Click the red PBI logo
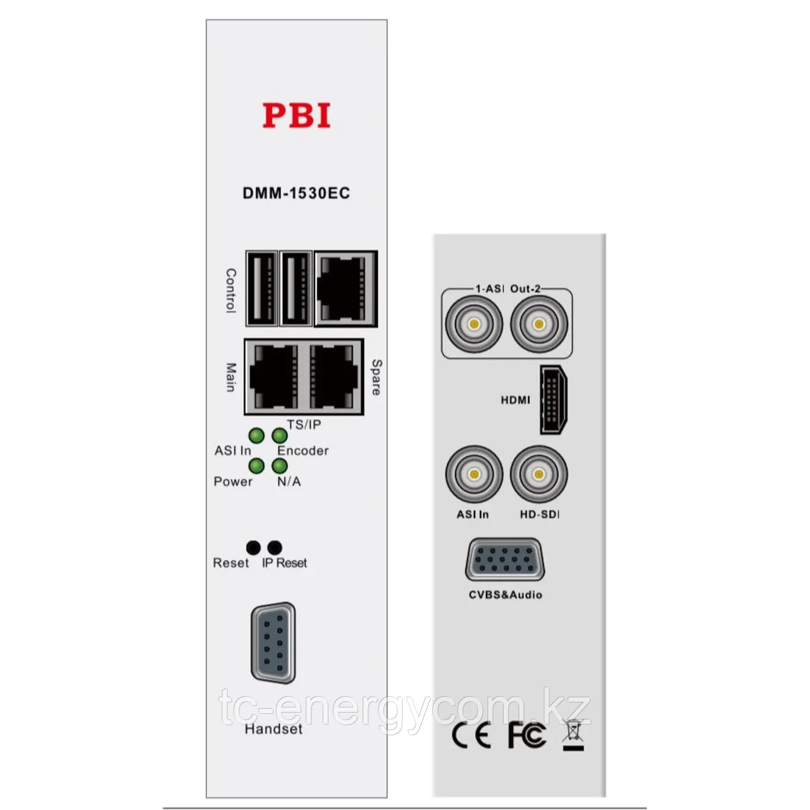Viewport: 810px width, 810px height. (x=296, y=115)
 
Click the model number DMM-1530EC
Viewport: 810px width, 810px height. (x=296, y=194)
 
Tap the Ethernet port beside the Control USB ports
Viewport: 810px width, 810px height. (x=346, y=289)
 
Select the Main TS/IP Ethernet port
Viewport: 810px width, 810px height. (x=273, y=377)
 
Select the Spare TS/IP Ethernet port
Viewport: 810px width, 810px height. (x=333, y=377)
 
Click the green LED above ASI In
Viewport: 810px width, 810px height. (x=256, y=435)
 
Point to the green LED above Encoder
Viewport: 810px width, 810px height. (x=280, y=435)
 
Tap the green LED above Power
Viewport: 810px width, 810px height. (x=256, y=466)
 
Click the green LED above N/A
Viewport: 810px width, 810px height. (x=280, y=466)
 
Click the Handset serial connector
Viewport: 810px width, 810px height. (x=273, y=643)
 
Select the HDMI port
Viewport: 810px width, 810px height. (x=554, y=399)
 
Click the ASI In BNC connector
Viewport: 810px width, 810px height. (x=474, y=474)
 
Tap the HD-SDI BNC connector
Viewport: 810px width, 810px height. (x=539, y=474)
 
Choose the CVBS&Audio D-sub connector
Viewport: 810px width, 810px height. (x=505, y=559)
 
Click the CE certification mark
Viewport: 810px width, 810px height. (x=471, y=735)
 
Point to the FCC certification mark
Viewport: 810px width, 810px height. (x=527, y=735)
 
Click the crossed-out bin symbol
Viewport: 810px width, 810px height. (x=573, y=734)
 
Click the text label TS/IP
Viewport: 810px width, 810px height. (x=304, y=425)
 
